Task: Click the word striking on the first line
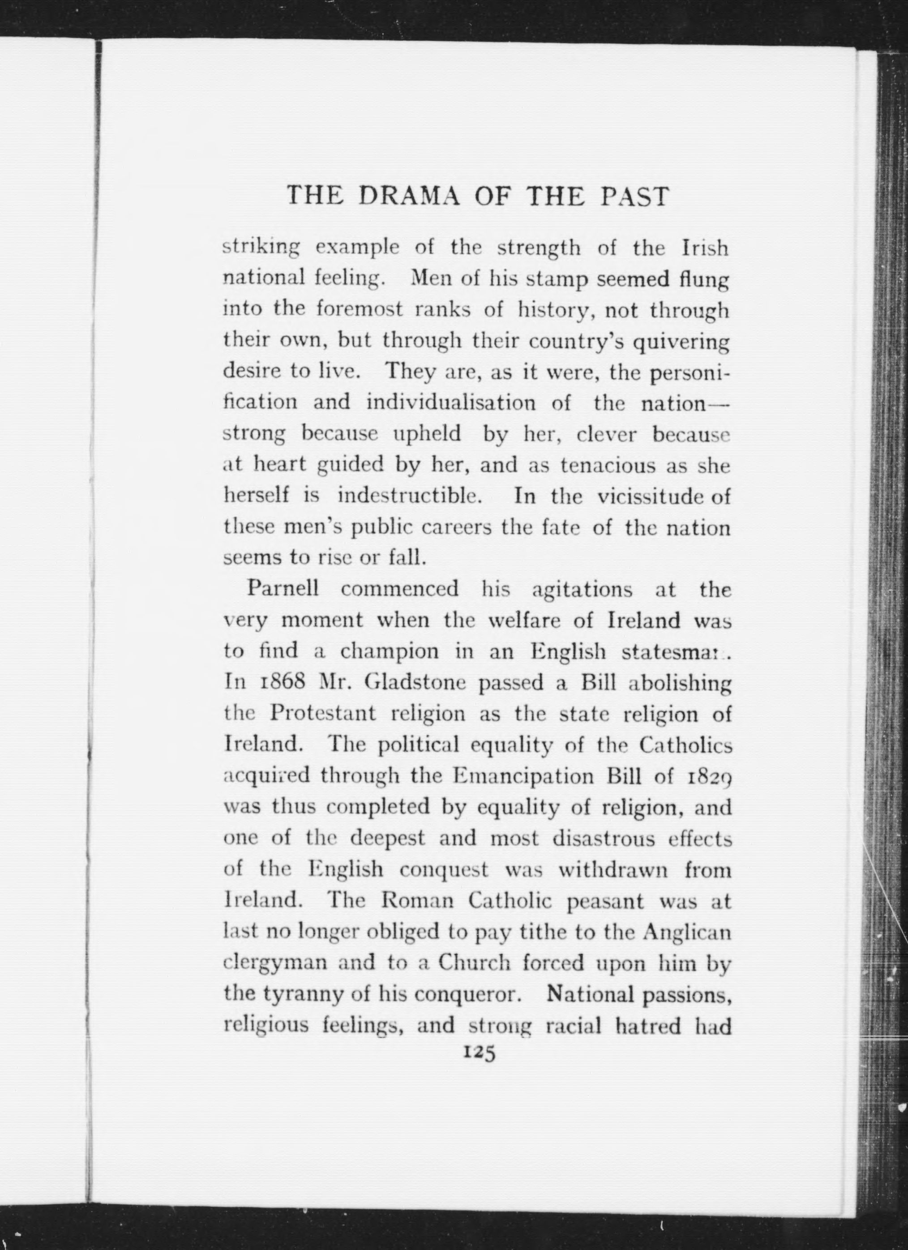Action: coord(260,248)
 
